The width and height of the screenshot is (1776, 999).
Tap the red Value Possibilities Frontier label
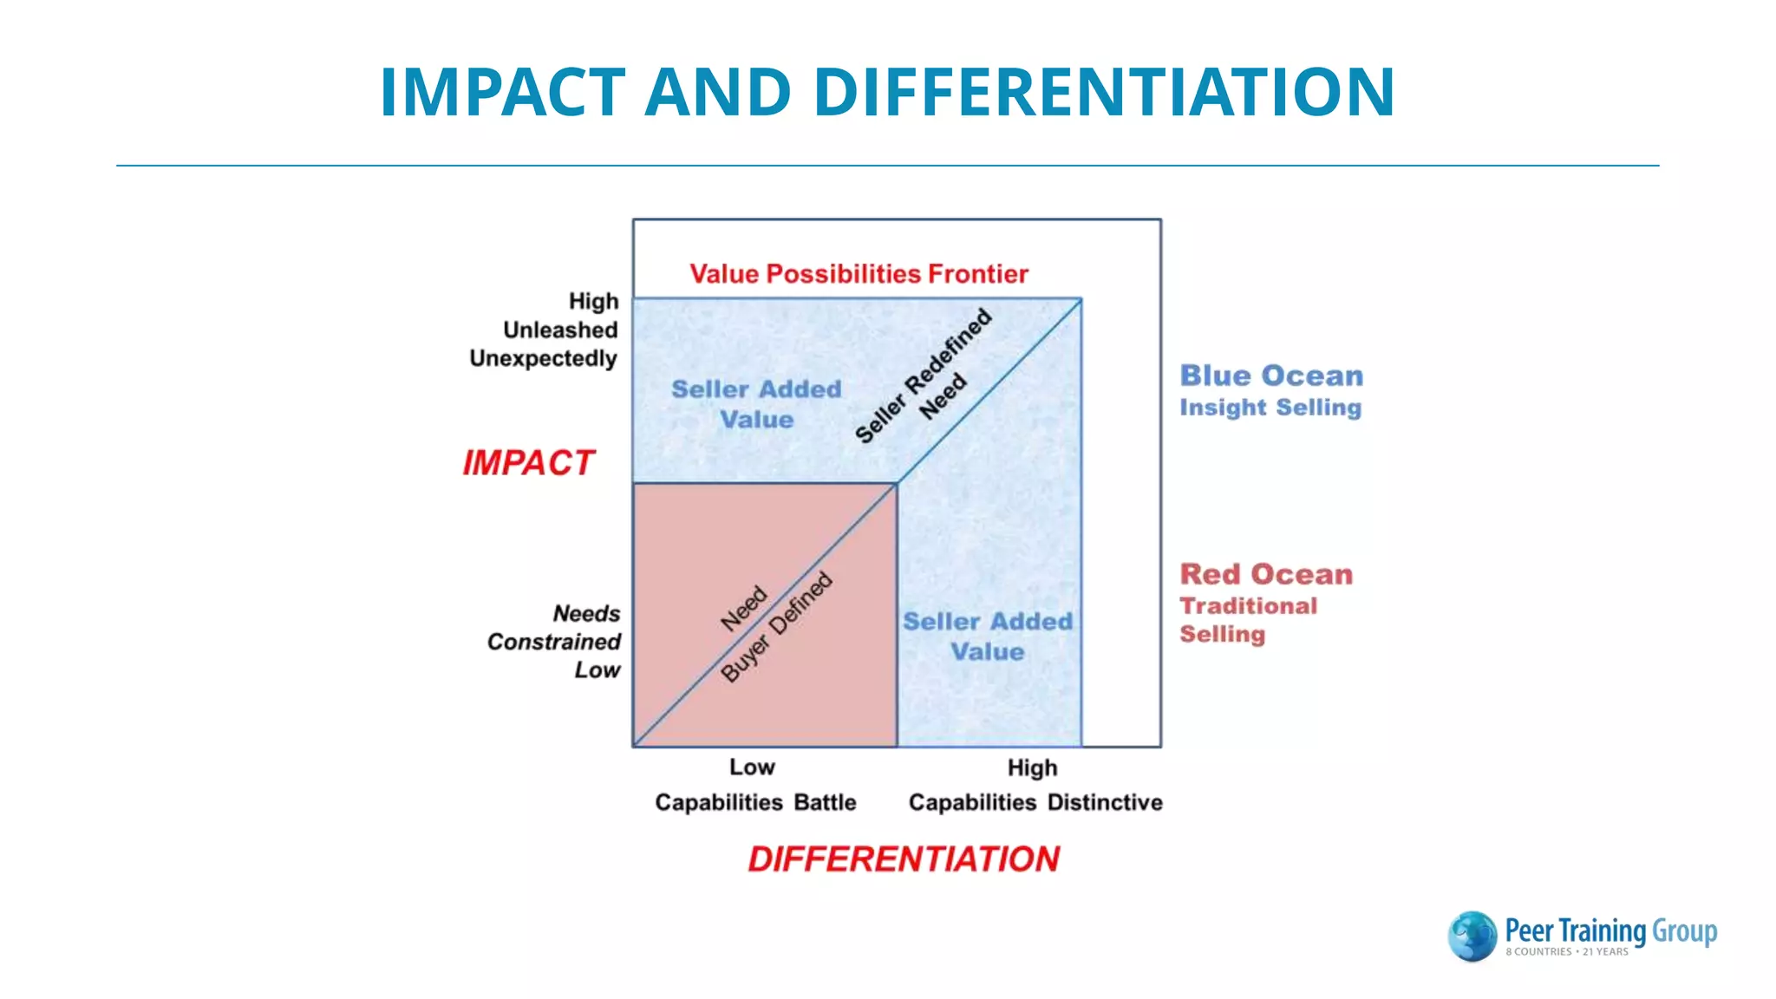(x=859, y=274)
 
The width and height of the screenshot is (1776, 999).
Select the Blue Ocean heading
(x=1271, y=375)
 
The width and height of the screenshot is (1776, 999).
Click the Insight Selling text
(x=1270, y=408)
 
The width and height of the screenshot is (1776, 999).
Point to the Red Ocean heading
(x=1266, y=574)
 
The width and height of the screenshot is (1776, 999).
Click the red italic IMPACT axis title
(x=528, y=463)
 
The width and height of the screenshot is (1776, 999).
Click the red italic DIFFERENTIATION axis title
(x=904, y=859)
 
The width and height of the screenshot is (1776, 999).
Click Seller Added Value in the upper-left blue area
(x=756, y=404)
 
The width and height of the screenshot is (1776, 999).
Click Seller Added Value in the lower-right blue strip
(x=988, y=637)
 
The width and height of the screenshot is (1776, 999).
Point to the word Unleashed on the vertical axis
(x=560, y=330)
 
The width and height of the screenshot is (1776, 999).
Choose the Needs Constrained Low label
(x=555, y=642)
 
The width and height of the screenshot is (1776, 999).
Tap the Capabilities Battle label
(x=755, y=802)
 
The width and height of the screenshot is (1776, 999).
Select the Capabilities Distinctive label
(x=1035, y=802)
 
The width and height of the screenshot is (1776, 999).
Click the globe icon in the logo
(x=1472, y=936)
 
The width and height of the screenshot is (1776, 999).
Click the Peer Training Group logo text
(x=1611, y=930)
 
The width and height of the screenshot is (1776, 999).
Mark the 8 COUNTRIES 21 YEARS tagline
(x=1566, y=952)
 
